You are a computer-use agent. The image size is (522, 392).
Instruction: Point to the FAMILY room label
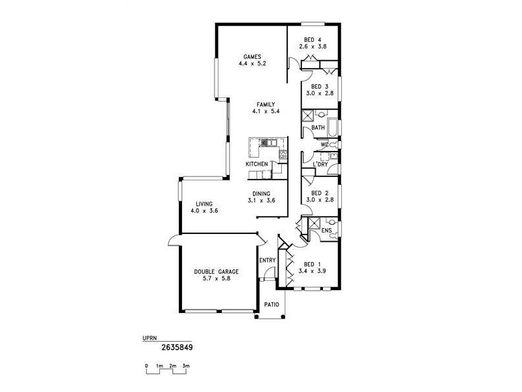(266, 105)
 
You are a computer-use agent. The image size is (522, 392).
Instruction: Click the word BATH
(318, 128)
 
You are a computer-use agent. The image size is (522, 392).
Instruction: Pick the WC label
(324, 144)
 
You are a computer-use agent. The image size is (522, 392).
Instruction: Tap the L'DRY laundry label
(320, 164)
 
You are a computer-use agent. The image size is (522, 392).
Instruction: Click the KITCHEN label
(256, 164)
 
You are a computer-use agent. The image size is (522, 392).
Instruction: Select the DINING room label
(261, 193)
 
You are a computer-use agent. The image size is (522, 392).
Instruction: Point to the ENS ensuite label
(327, 231)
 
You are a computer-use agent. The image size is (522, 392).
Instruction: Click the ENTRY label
(268, 261)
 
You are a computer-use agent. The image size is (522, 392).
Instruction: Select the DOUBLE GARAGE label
(216, 271)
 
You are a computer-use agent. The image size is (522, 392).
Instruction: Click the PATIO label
(271, 305)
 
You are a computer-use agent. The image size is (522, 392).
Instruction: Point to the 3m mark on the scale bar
(186, 366)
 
